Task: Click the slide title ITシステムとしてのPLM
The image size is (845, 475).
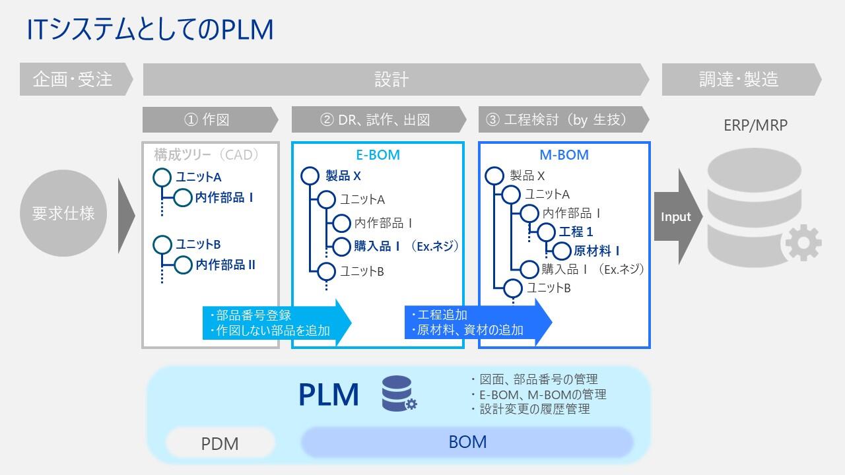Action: point(150,30)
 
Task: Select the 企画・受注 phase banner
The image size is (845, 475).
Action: point(76,79)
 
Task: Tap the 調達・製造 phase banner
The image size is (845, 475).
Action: point(741,79)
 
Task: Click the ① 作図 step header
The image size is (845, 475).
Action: point(210,119)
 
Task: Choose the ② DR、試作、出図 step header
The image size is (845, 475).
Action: point(379,119)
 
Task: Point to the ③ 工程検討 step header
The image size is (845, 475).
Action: point(564,119)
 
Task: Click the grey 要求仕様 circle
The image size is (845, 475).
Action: point(63,213)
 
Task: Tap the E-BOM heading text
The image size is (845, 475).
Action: point(378,154)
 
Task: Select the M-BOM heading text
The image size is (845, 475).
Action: point(564,154)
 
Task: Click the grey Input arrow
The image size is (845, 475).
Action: point(678,217)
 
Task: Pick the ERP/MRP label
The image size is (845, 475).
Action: point(755,125)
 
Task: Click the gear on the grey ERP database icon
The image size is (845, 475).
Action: point(803,243)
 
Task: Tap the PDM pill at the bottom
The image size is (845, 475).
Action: point(220,443)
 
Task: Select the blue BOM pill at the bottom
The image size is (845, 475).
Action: point(467,442)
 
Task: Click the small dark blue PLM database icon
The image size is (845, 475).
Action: point(399,393)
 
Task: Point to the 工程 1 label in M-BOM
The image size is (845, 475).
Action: point(576,232)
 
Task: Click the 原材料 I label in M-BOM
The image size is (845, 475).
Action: point(596,251)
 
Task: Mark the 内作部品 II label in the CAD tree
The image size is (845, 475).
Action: point(225,265)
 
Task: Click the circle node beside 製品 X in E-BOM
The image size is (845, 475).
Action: point(310,176)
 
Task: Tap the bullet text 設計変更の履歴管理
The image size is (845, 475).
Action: point(535,409)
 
